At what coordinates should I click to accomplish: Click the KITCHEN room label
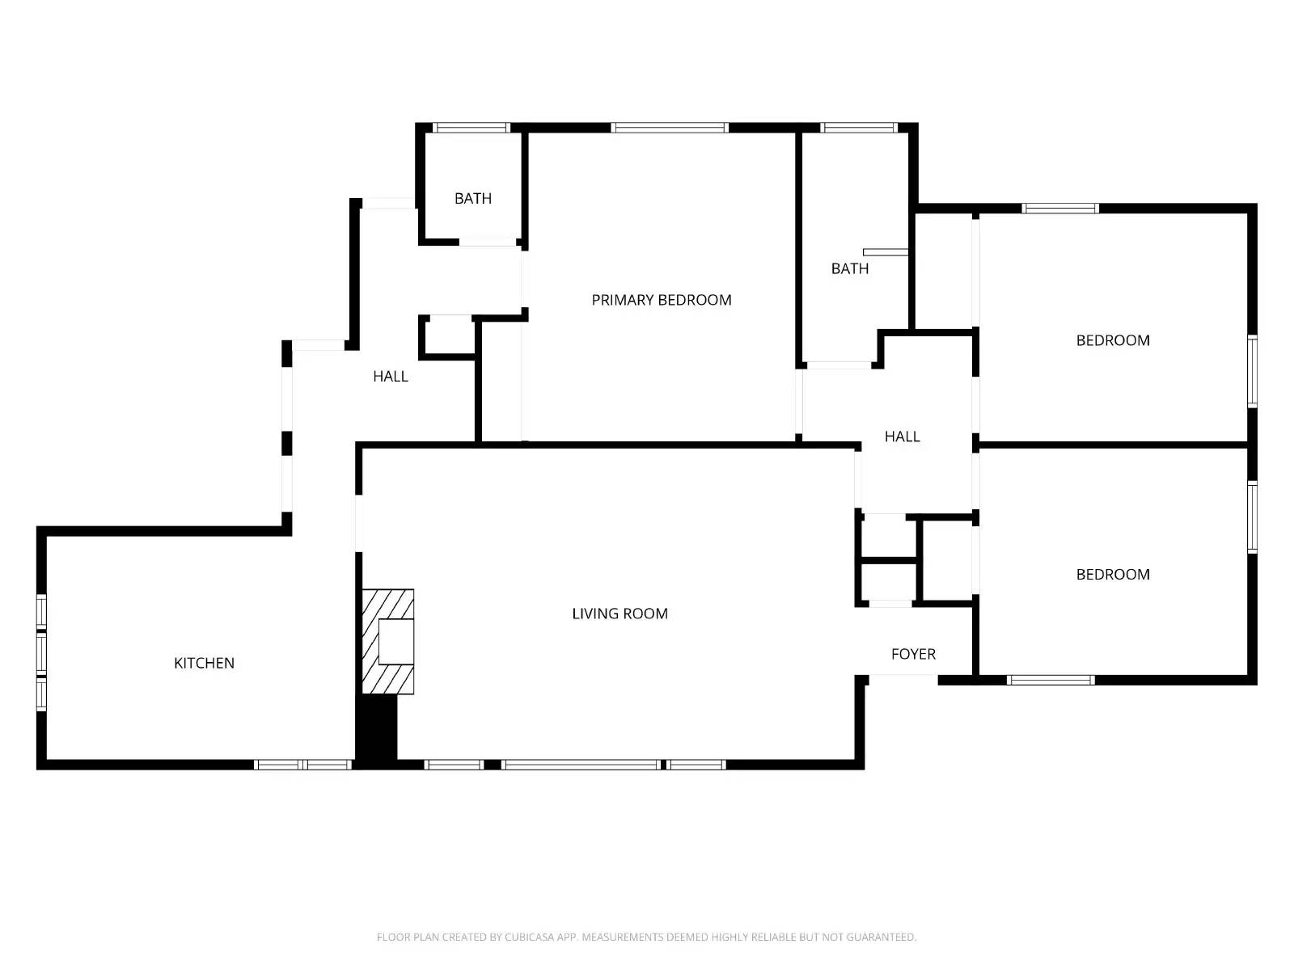204,663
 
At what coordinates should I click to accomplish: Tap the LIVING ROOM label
620,614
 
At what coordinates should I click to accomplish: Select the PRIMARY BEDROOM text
661,300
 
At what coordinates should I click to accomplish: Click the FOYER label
913,654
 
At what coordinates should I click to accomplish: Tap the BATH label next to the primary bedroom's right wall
849,268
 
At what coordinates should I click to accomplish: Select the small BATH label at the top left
472,198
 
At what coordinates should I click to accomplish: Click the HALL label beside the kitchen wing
390,376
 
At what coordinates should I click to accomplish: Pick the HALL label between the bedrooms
902,436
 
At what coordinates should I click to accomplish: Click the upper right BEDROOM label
1112,340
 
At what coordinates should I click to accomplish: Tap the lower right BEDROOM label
1112,575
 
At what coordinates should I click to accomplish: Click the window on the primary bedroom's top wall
670,128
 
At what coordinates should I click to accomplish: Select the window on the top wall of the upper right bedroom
1059,209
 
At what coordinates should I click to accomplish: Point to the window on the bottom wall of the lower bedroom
1050,680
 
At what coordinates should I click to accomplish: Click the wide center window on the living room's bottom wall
581,765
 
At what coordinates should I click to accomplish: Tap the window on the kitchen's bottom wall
303,765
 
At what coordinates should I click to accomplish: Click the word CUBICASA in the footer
530,938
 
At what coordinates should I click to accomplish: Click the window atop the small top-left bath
472,128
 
